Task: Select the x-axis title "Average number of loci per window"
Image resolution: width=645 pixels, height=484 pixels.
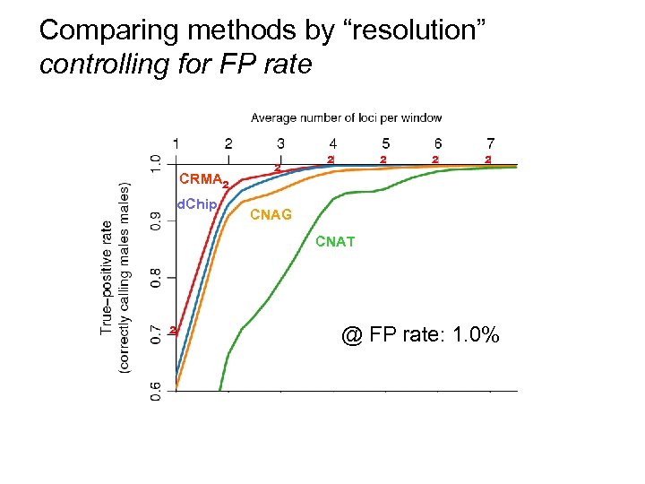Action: coord(346,117)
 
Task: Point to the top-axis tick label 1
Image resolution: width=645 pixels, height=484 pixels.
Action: coord(176,143)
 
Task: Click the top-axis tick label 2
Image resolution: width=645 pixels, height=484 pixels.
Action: coord(228,143)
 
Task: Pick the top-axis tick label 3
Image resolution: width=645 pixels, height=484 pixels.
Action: coord(280,143)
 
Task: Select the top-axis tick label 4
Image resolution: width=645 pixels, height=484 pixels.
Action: coord(333,143)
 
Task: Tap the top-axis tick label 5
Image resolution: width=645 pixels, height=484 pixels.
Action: coord(385,143)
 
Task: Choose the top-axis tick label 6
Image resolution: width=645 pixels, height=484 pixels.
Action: coord(437,143)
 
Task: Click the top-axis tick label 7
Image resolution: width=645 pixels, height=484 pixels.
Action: coord(490,143)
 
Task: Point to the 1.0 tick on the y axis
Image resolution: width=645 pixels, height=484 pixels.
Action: coord(156,165)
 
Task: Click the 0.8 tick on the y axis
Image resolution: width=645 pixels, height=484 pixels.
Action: coord(156,277)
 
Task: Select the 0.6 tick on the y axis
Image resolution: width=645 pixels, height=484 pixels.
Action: coord(156,391)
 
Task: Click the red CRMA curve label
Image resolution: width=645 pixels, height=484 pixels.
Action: coord(202,177)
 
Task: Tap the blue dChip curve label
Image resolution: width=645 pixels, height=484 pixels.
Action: coord(196,204)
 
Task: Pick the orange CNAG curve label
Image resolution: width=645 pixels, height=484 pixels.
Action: coord(270,215)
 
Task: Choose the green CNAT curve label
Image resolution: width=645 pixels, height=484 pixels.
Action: coord(335,241)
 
